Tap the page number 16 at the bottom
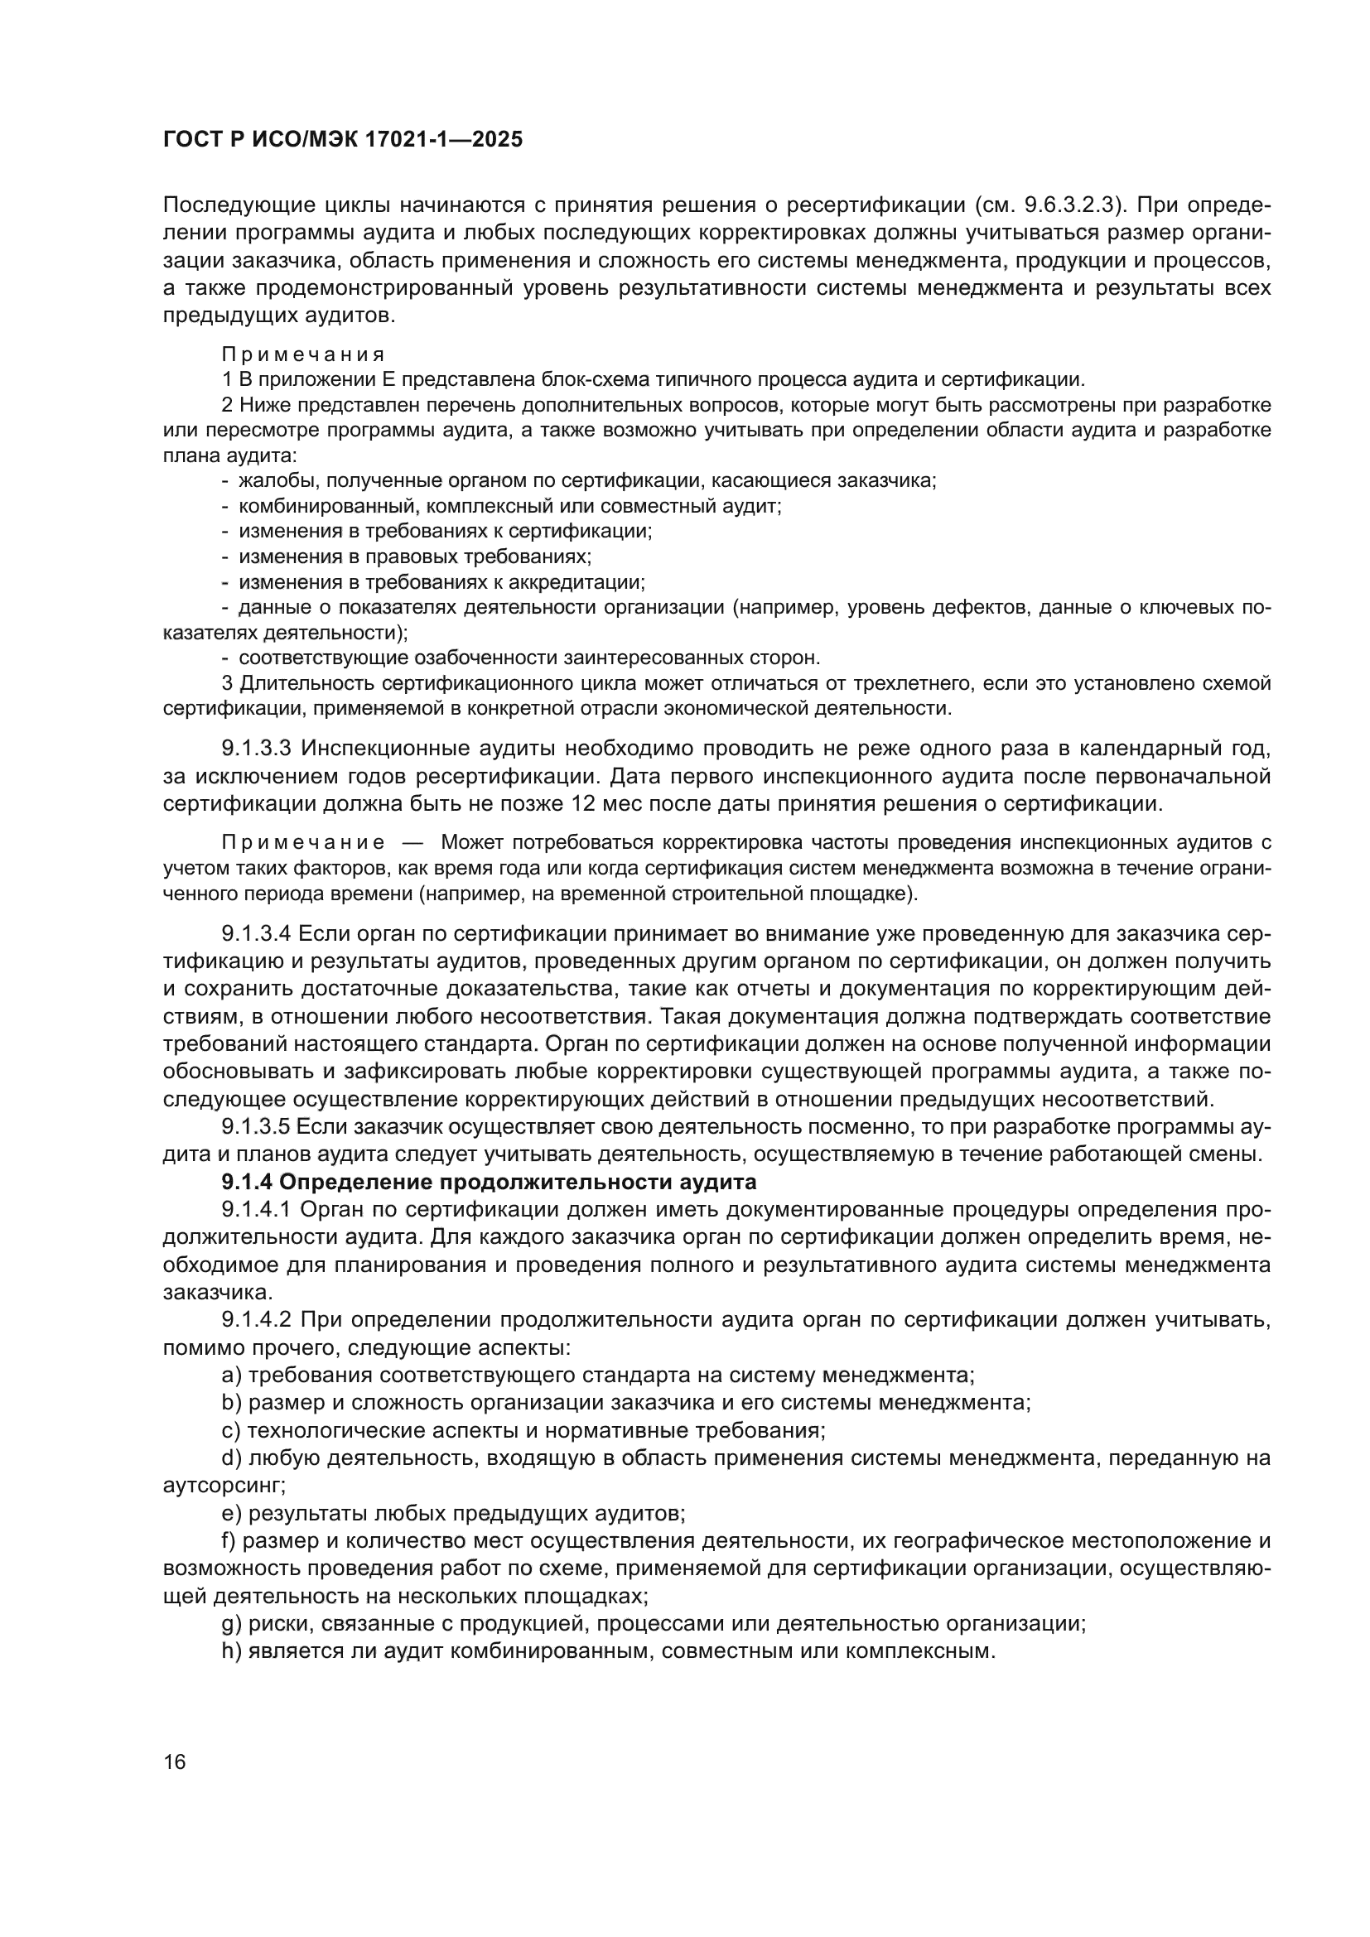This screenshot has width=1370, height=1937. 175,1762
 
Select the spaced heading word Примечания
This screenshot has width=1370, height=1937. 304,354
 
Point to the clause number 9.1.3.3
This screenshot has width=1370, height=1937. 256,749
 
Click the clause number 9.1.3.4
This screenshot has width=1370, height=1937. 256,934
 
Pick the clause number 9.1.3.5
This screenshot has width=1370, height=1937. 256,1127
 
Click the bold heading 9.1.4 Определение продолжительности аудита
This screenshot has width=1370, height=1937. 489,1181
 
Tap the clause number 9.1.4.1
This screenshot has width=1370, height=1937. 256,1210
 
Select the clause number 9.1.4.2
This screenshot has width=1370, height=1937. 256,1319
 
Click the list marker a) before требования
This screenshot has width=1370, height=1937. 231,1376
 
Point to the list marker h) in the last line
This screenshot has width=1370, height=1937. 231,1651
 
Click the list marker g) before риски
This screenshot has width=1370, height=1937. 231,1623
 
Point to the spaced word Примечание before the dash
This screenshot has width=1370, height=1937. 304,843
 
